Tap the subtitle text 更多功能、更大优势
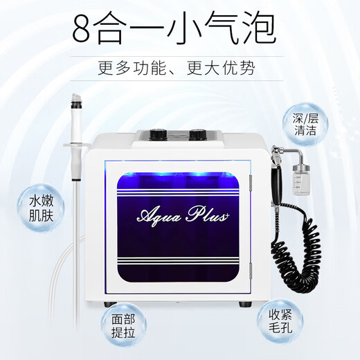(180, 69)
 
